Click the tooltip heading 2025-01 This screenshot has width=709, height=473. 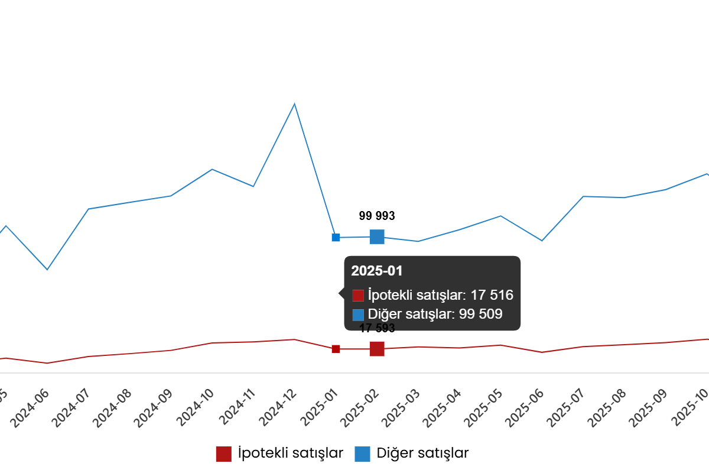click(376, 271)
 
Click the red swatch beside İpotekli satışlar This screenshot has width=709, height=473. click(358, 296)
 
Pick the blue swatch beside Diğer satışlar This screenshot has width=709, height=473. click(358, 315)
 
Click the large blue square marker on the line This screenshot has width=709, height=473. click(377, 237)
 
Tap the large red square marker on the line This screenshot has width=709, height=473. click(377, 349)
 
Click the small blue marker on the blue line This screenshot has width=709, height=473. click(336, 238)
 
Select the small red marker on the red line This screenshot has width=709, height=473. click(336, 349)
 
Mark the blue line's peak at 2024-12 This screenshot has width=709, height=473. click(294, 105)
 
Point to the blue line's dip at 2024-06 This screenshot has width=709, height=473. click(47, 270)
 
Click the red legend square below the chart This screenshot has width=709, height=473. click(223, 454)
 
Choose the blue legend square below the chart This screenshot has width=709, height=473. click(362, 454)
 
